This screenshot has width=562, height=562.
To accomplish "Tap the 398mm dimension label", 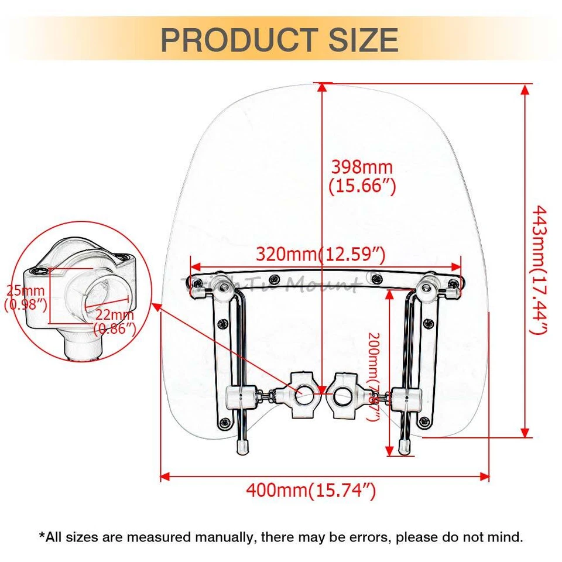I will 362,167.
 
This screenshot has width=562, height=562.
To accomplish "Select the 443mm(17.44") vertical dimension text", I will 539,269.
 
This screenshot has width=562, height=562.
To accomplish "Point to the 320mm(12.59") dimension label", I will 321,254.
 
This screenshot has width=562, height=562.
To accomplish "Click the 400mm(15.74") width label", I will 310,490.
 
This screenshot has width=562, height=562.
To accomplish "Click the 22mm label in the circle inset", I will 115,316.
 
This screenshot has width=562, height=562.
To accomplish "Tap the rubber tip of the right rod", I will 403,447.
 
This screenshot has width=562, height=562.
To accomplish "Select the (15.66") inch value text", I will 362,186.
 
